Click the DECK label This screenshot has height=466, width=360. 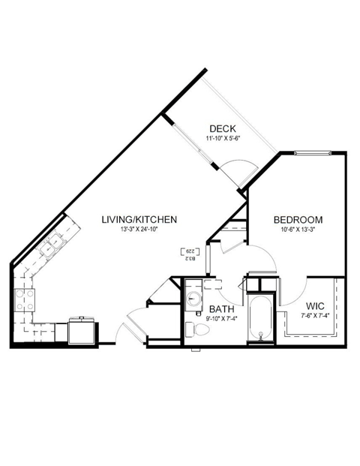pyautogui.click(x=223, y=128)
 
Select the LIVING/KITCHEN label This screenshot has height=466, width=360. pyautogui.click(x=139, y=220)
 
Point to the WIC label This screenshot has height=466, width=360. pyautogui.click(x=315, y=305)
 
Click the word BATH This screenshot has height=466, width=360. pyautogui.click(x=221, y=309)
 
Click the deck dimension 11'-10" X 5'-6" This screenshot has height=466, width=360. pyautogui.click(x=223, y=138)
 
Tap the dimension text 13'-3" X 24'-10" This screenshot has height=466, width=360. pyautogui.click(x=139, y=230)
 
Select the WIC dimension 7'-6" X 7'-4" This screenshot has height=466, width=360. pyautogui.click(x=315, y=316)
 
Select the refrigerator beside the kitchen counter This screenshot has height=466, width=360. pyautogui.click(x=82, y=330)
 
